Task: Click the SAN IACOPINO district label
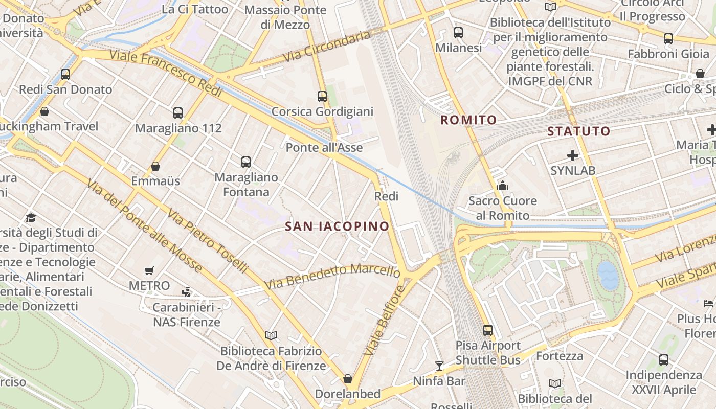pos(337,226)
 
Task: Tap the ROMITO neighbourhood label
pos(468,120)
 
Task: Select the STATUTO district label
pos(579,131)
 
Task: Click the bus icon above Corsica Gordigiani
pos(322,96)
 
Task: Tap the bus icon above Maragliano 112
pos(178,112)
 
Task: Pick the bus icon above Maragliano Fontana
pos(246,162)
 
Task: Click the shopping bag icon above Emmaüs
pos(155,166)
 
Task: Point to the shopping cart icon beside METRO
pos(149,270)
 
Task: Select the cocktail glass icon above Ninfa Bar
pos(439,366)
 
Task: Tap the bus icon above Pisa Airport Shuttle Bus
pos(488,330)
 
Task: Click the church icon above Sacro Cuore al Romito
pos(503,185)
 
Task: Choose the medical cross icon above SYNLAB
pos(573,155)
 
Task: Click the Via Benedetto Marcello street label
pos(332,276)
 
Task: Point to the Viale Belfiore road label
pos(384,321)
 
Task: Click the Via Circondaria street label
pos(326,46)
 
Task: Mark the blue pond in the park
pos(608,276)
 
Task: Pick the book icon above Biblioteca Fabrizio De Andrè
pos(271,335)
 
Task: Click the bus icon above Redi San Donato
pos(65,74)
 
